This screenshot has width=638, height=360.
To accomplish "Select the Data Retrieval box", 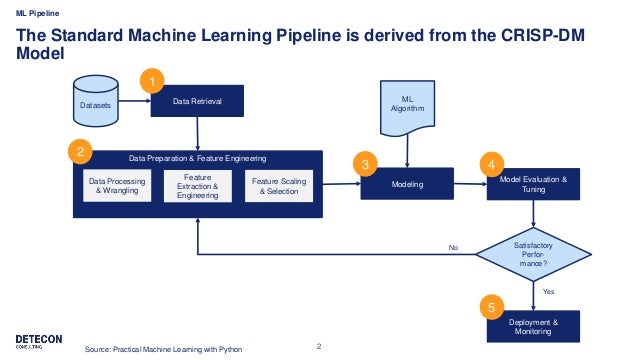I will (x=196, y=101).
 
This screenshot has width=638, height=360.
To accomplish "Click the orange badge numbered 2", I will (x=77, y=153).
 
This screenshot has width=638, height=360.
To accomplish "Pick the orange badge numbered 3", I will (x=366, y=164).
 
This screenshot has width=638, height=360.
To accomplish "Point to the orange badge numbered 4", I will (x=490, y=164).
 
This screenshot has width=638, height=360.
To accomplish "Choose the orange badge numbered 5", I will (x=490, y=308).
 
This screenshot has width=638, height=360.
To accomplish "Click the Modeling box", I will (x=406, y=186).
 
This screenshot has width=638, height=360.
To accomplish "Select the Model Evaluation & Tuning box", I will (x=533, y=185).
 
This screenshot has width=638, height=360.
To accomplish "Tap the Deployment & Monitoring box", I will (x=533, y=326).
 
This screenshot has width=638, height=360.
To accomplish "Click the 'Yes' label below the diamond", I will (x=547, y=290).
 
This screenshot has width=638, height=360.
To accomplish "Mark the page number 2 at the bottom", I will (x=318, y=346).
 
